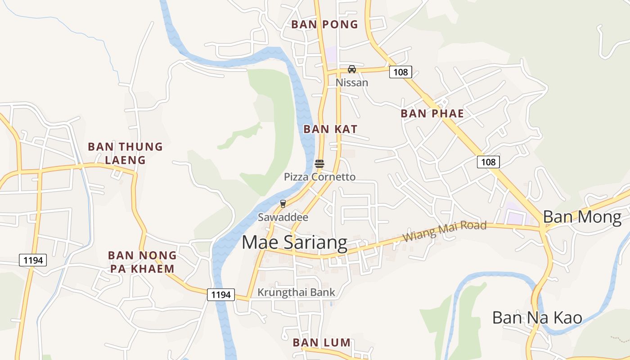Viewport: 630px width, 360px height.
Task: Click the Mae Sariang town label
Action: click(294, 243)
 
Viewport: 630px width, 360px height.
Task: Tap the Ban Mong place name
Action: click(582, 217)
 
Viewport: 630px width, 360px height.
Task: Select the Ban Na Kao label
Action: click(537, 318)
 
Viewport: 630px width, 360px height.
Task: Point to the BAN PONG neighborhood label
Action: click(324, 25)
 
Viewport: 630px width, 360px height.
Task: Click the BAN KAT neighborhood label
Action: click(330, 129)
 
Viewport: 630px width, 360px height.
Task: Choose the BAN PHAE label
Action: click(432, 113)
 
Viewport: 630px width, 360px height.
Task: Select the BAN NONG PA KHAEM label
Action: click(142, 262)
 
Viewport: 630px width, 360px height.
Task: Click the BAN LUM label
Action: click(321, 342)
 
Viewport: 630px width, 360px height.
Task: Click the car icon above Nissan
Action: click(352, 69)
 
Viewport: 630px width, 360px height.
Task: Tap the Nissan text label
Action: click(352, 83)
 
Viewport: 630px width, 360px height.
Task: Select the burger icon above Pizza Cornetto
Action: click(319, 164)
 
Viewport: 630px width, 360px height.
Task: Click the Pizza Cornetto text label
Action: click(319, 177)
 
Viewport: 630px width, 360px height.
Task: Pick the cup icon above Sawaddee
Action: click(283, 204)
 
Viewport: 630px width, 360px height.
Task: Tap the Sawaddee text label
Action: click(283, 217)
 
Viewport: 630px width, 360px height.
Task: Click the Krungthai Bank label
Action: click(296, 292)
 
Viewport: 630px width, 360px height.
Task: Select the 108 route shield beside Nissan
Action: click(400, 72)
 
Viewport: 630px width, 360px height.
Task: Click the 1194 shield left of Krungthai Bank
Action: click(221, 295)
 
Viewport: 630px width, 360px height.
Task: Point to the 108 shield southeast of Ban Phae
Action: click(488, 162)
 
